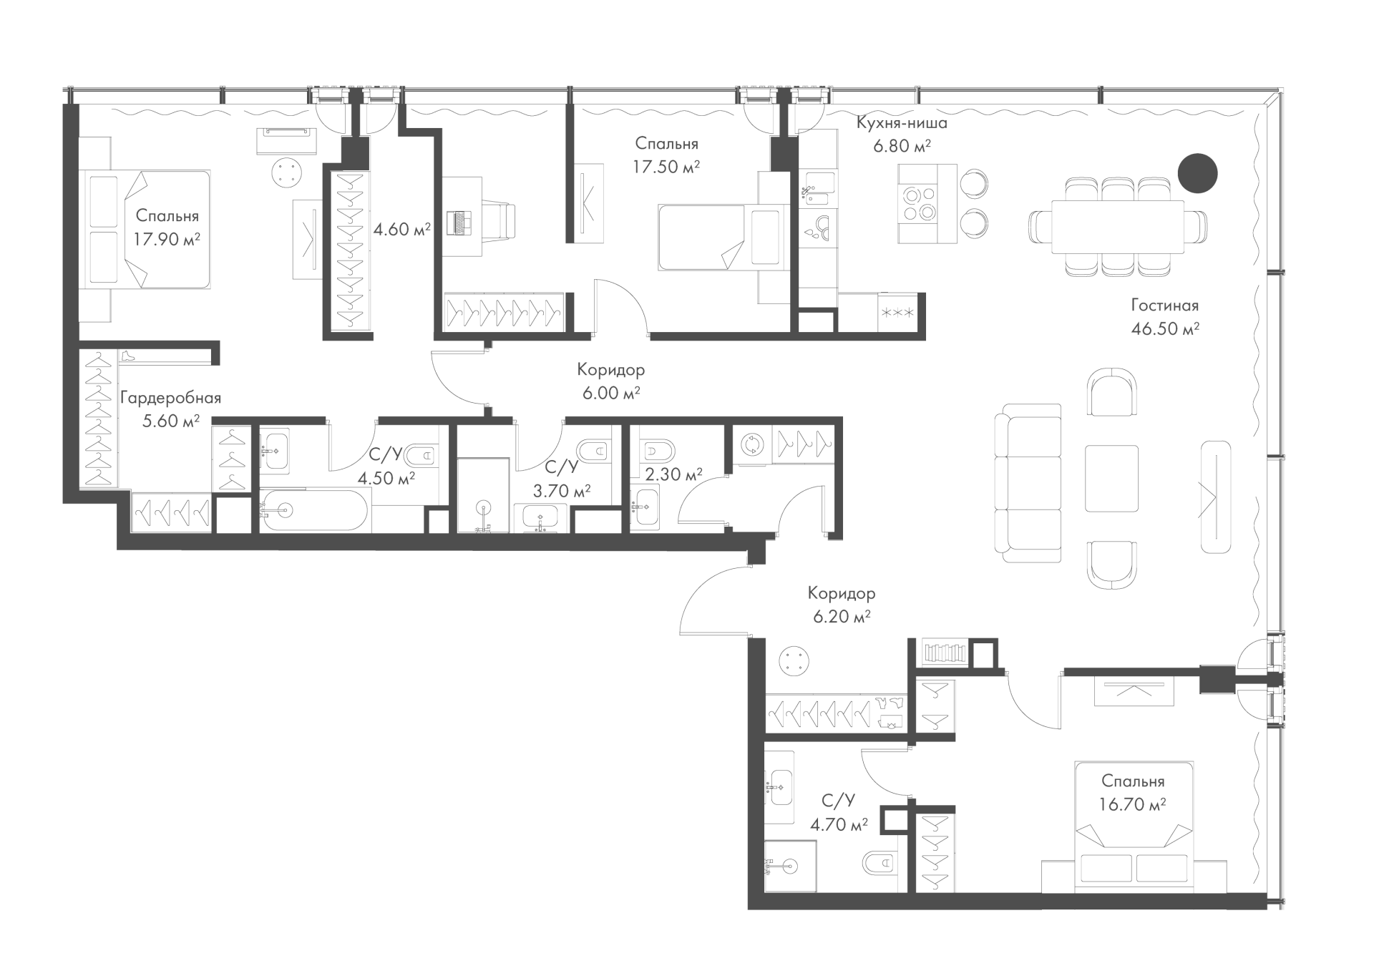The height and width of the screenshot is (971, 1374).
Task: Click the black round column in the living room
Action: (x=1198, y=173)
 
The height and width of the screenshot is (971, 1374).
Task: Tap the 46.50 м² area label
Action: (x=1165, y=329)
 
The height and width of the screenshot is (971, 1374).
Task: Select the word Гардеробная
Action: (x=170, y=398)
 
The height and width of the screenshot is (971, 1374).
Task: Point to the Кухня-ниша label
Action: (x=902, y=123)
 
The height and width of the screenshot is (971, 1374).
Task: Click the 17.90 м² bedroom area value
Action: (x=166, y=238)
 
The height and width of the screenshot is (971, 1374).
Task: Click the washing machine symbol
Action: (x=751, y=444)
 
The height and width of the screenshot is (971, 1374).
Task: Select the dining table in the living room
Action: (x=1117, y=227)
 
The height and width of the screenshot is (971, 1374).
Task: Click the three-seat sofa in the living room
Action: (x=1028, y=483)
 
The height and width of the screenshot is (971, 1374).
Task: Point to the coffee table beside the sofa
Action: (x=1111, y=478)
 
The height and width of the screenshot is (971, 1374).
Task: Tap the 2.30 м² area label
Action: (x=673, y=474)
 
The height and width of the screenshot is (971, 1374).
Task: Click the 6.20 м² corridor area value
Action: (x=842, y=616)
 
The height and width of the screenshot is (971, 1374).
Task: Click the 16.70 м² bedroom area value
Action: (x=1133, y=804)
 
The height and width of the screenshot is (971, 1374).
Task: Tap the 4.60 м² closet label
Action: (x=401, y=230)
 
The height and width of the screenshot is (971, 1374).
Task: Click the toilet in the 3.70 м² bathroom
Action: (x=593, y=451)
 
